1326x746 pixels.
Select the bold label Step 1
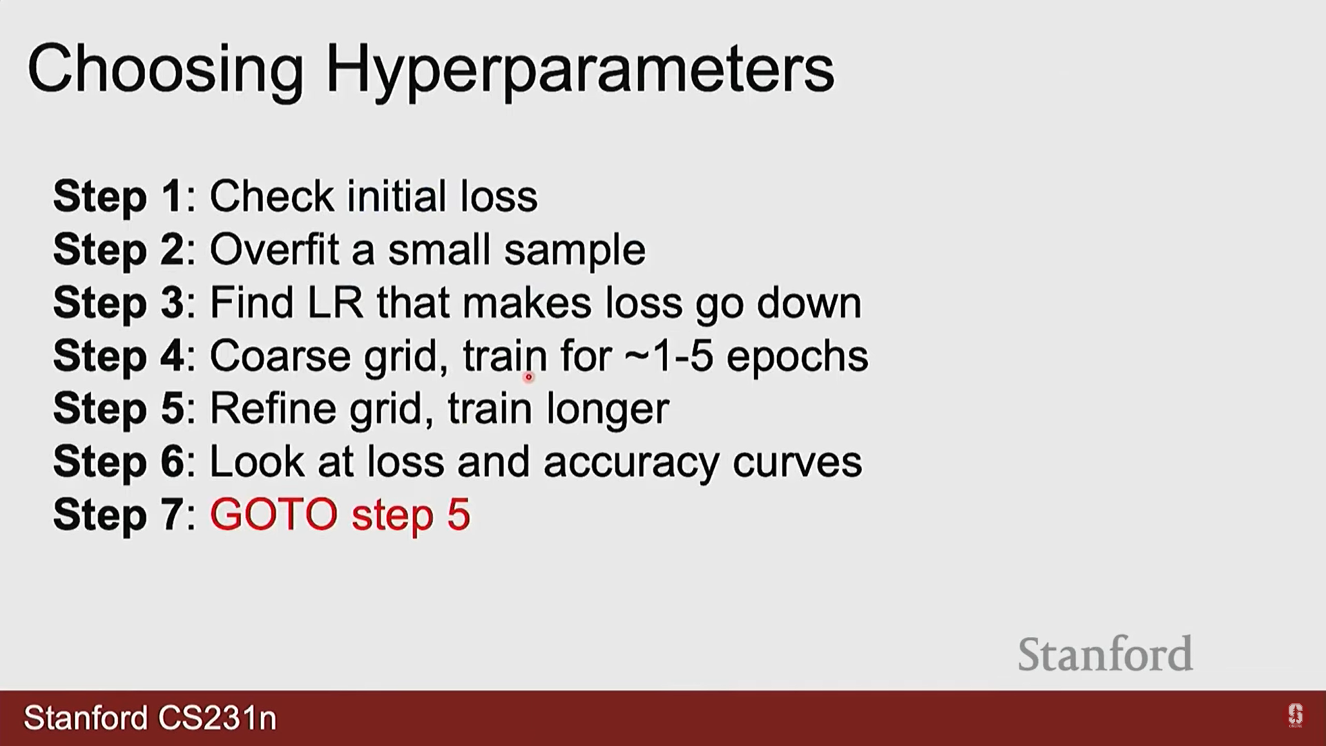coord(117,197)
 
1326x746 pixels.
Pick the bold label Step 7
coord(118,515)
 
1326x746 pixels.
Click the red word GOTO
coord(273,515)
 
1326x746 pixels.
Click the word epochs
coord(798,357)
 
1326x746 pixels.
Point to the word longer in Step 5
coord(608,410)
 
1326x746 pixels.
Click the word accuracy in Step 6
coord(631,463)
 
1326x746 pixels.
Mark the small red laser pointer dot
coord(528,377)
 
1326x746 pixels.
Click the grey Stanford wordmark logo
coord(1105,653)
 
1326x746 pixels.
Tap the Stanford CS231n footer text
coord(150,718)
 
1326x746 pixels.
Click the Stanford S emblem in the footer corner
coord(1295,716)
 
